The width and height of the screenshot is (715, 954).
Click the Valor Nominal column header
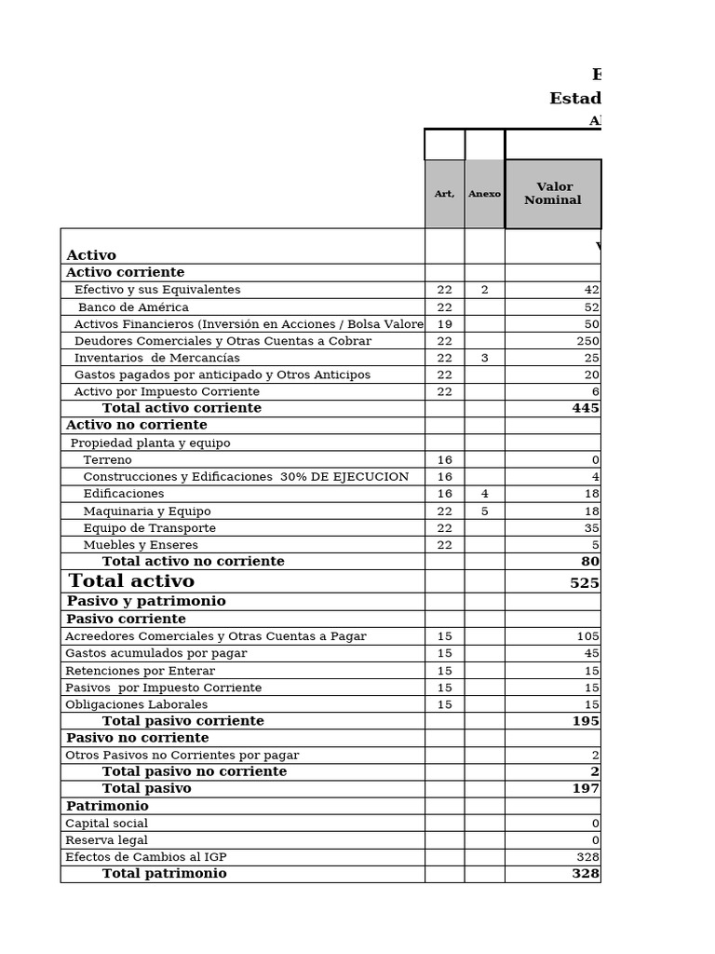(552, 194)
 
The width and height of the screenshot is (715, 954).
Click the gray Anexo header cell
(484, 194)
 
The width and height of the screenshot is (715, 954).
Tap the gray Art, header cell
(444, 194)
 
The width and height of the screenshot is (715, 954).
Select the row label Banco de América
(133, 307)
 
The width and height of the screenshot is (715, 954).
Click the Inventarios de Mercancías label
(156, 358)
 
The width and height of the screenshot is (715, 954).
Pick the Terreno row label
(107, 460)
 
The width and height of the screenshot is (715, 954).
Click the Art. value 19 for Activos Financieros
(444, 324)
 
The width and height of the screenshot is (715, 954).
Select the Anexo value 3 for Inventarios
(484, 358)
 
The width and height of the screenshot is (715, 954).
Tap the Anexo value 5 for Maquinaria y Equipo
(484, 511)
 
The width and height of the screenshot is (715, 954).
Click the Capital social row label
(106, 824)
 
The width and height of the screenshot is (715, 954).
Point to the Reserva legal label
(106, 840)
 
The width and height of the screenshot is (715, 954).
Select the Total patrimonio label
(164, 874)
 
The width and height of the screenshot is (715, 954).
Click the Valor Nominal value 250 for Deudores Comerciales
(587, 341)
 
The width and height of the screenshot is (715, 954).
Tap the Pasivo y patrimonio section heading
(146, 602)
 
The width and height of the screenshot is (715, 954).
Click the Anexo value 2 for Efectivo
(484, 290)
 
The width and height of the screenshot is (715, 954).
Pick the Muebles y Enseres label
(141, 545)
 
